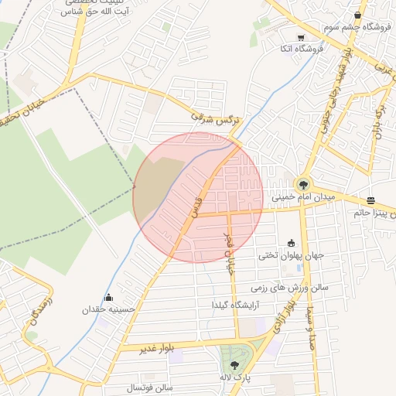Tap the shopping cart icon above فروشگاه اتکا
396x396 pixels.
pos(300,36)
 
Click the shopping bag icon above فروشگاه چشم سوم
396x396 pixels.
pos(357,15)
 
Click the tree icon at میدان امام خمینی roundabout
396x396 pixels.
pos(302,185)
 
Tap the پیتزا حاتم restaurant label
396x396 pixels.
pos(374,210)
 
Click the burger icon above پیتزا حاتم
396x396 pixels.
pos(371,199)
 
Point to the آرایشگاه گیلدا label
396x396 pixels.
pos(237,306)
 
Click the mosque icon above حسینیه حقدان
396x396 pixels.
pos(108,298)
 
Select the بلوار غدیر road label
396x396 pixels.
pos(155,349)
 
